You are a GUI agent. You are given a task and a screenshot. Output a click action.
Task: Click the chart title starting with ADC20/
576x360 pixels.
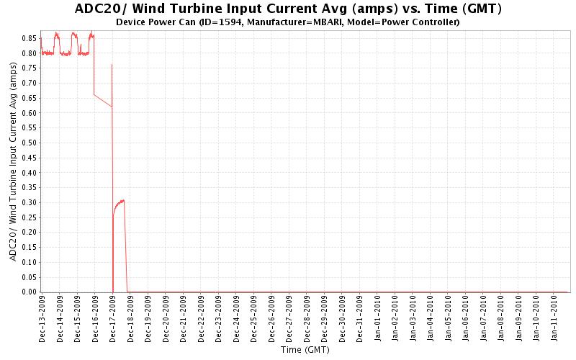(288, 9)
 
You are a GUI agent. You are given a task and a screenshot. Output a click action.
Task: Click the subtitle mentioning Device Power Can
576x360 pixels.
(288, 22)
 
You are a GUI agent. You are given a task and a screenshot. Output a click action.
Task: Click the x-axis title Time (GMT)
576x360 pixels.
(306, 351)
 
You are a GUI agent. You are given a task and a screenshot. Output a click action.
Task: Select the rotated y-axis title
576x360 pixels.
(13, 161)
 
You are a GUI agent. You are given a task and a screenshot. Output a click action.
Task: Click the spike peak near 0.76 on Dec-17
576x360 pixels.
(112, 66)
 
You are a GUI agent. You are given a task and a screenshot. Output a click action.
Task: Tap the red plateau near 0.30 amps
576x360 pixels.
(120, 202)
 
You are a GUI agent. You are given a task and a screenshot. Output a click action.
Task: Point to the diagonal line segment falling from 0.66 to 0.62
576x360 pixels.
(103, 101)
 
